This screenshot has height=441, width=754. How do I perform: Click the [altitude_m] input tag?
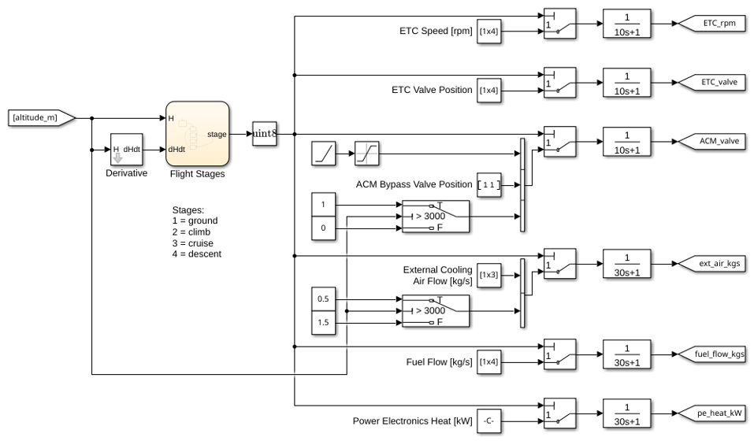point(42,117)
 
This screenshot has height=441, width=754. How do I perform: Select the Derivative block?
point(127,150)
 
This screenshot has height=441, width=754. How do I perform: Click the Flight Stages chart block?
point(197,134)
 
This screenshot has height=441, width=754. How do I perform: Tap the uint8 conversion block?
point(265,134)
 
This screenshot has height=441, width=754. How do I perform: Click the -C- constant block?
point(489,421)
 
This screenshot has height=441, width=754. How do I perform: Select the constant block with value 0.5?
point(323,299)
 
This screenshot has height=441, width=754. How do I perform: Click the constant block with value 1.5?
point(323,322)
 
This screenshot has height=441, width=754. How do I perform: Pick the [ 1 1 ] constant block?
point(489,185)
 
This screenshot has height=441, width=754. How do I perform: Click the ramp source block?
point(324,154)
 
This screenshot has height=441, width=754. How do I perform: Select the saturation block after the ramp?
point(366,154)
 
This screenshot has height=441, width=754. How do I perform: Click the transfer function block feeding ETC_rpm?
point(627,24)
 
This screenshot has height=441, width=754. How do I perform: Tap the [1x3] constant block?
point(489,276)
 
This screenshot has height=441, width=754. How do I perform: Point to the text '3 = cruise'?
point(193,243)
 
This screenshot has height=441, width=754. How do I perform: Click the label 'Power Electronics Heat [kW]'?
point(413,421)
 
